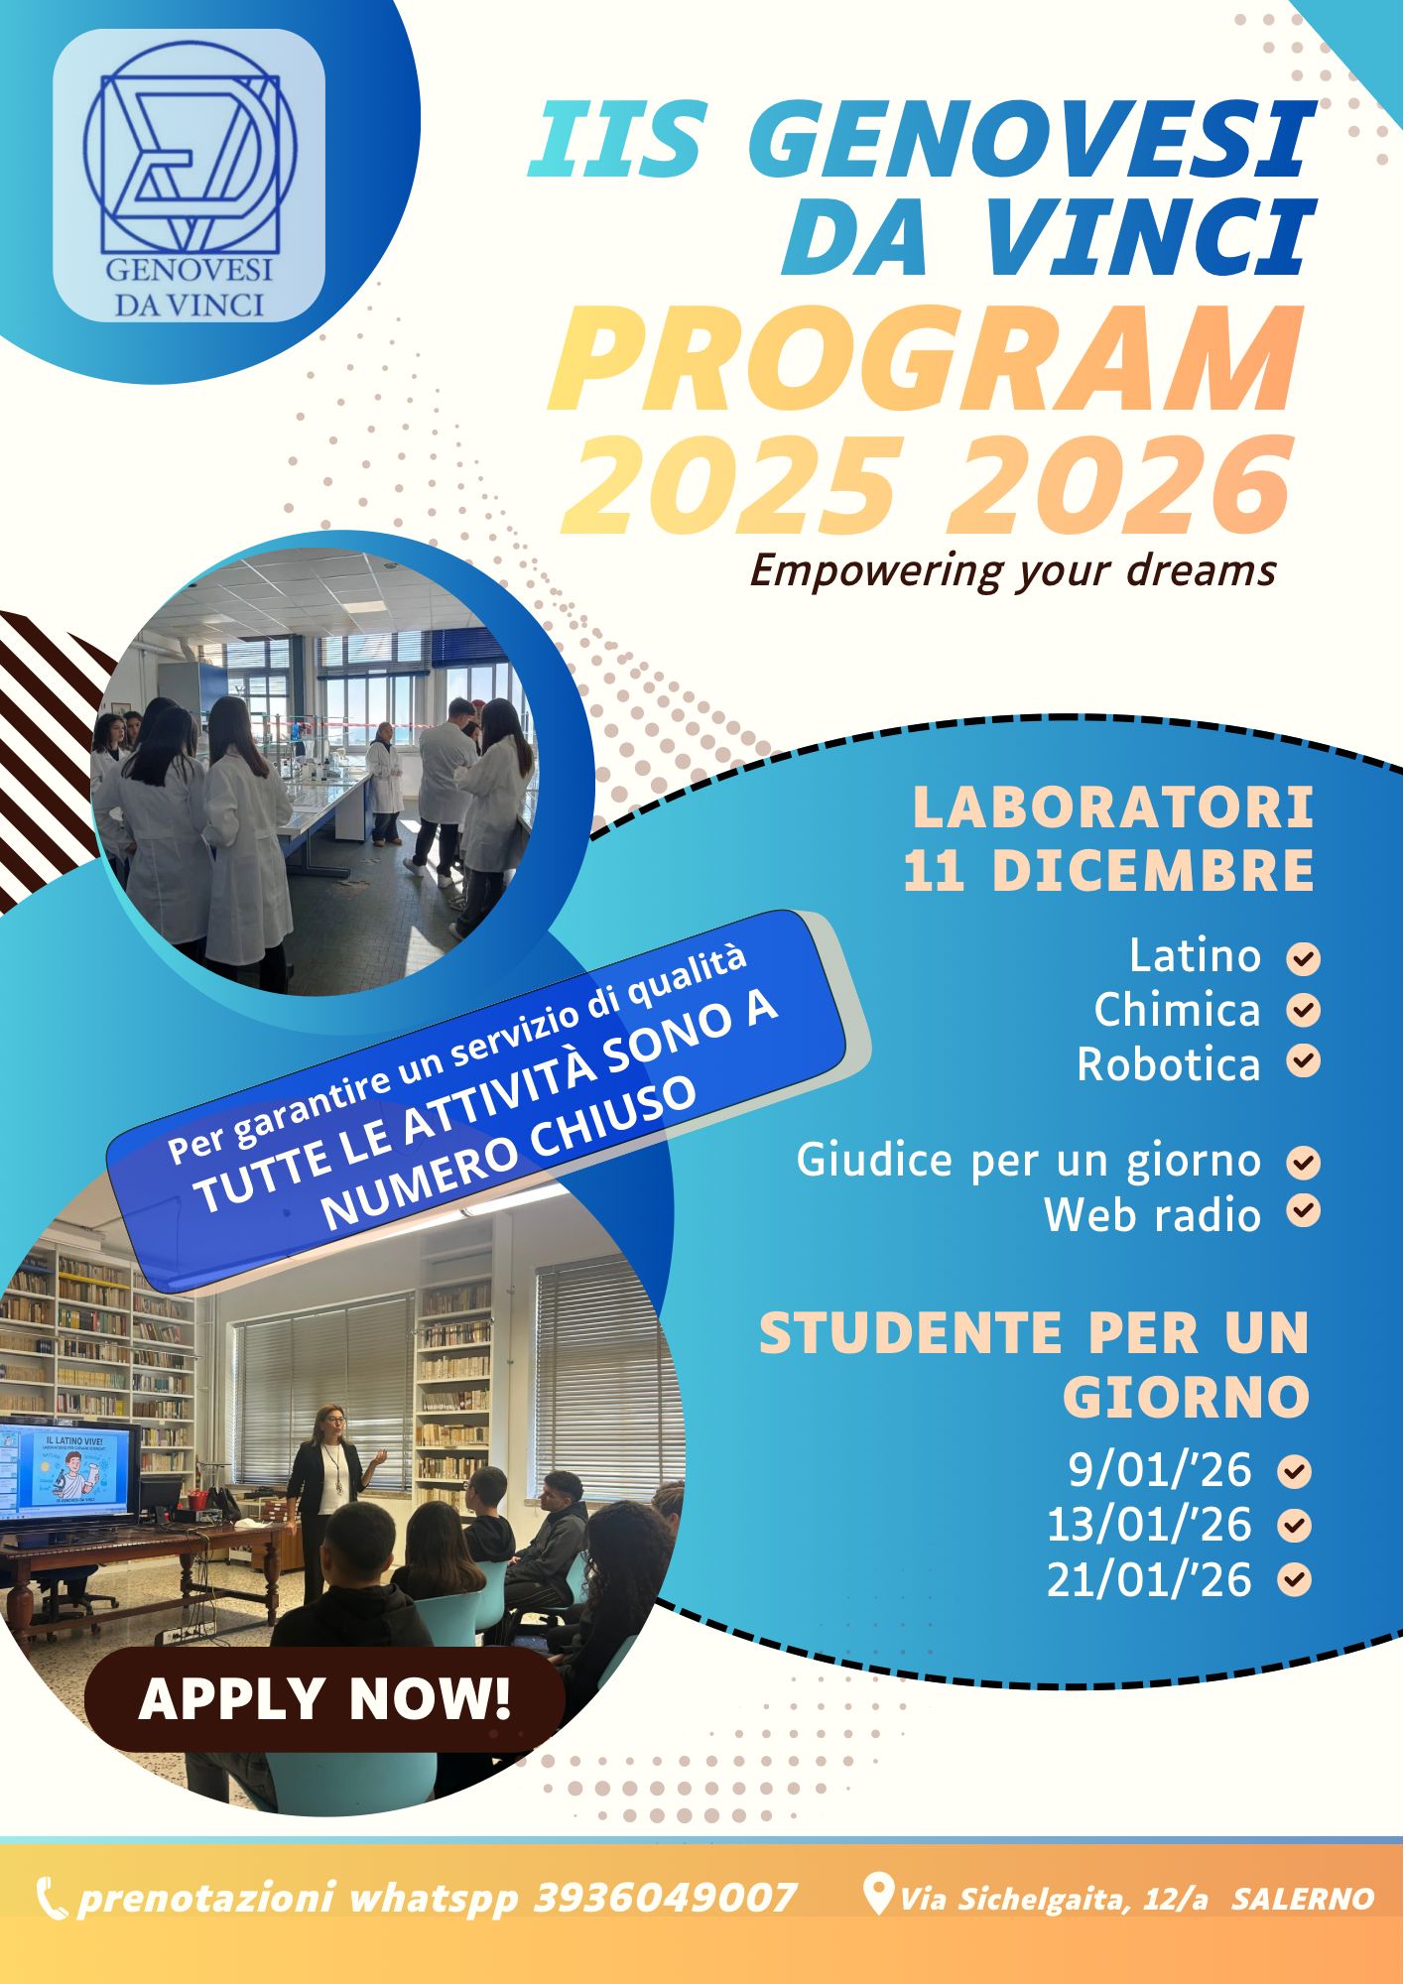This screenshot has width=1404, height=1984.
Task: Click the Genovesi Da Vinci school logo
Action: (189, 176)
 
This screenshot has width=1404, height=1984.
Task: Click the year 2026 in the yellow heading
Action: (1120, 483)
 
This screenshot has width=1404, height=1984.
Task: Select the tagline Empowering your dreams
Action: (1013, 571)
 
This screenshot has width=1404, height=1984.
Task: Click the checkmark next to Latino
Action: (1304, 959)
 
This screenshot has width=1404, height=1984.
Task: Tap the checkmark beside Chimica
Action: (1304, 1011)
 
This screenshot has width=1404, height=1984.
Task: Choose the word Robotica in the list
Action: (1169, 1064)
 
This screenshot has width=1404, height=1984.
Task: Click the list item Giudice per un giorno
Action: (1028, 1161)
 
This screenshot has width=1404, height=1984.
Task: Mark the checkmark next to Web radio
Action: (1304, 1211)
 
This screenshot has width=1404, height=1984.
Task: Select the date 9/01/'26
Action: (1160, 1470)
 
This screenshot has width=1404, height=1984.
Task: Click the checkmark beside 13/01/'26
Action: (1295, 1526)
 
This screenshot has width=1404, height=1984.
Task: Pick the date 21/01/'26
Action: (1149, 1580)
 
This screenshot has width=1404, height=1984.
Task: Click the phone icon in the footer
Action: (52, 1899)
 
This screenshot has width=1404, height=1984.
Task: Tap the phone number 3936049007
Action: (665, 1899)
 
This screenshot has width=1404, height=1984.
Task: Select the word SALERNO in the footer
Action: (1303, 1900)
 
